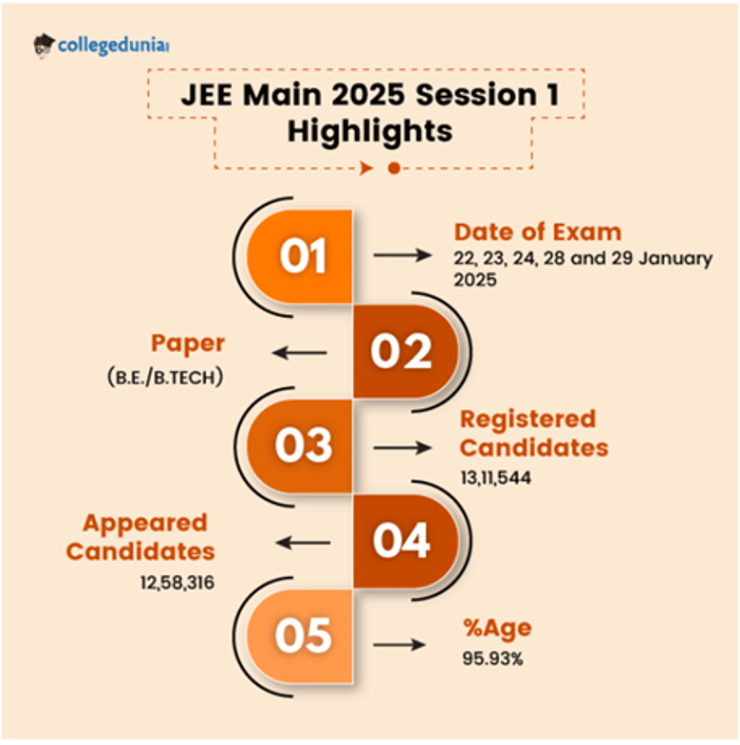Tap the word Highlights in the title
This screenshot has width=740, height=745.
tap(370, 131)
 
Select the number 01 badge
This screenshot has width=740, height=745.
tap(302, 256)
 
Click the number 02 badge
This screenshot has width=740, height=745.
tap(402, 352)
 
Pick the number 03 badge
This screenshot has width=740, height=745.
tap(303, 445)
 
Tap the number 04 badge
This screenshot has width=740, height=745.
tap(402, 541)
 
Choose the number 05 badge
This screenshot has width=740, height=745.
tap(303, 635)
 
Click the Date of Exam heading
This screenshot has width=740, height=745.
tap(538, 232)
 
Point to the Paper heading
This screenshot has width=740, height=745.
tap(188, 344)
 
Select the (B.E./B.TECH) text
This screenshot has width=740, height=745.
tap(165, 377)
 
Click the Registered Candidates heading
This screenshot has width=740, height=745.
tap(533, 433)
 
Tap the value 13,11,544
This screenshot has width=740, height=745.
tap(495, 478)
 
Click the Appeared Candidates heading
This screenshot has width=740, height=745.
tap(141, 537)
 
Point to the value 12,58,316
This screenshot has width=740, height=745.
tap(177, 583)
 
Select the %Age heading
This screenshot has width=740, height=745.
tap(497, 628)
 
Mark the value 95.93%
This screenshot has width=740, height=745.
tap(493, 659)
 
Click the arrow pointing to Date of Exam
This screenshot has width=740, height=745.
tap(403, 255)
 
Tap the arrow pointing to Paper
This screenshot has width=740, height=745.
tap(300, 353)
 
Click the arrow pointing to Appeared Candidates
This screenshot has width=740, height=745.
tap(303, 543)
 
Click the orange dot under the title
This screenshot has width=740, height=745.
tap(394, 168)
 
